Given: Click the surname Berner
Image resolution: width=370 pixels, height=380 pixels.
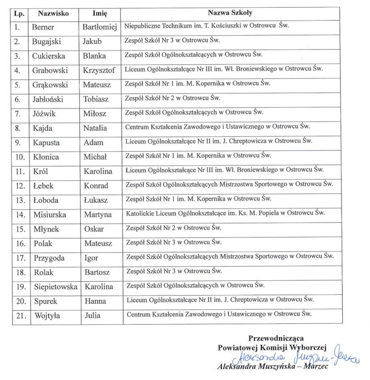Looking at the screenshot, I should coord(43,27).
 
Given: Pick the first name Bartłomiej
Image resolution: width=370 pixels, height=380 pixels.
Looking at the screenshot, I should coord(100,27).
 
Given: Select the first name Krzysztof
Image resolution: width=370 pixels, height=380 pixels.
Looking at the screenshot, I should coord(99,71).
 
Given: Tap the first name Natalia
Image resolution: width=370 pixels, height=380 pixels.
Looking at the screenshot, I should coord(95,128).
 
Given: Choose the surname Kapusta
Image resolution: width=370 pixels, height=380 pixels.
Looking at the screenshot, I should coord(47,143).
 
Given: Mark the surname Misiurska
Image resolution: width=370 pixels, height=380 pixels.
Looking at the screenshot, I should coord(50,215).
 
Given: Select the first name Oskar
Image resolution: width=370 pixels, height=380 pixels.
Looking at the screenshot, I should coord(93,230).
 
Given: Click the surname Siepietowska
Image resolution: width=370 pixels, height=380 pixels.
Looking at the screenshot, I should coord(55,287).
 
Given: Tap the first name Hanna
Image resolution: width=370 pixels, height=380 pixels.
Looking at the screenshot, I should coord(95,301).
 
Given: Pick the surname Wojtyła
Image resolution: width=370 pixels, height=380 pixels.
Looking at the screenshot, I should coord(48,316).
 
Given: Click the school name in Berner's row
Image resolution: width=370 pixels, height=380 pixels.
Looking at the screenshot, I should coord(207,26).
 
